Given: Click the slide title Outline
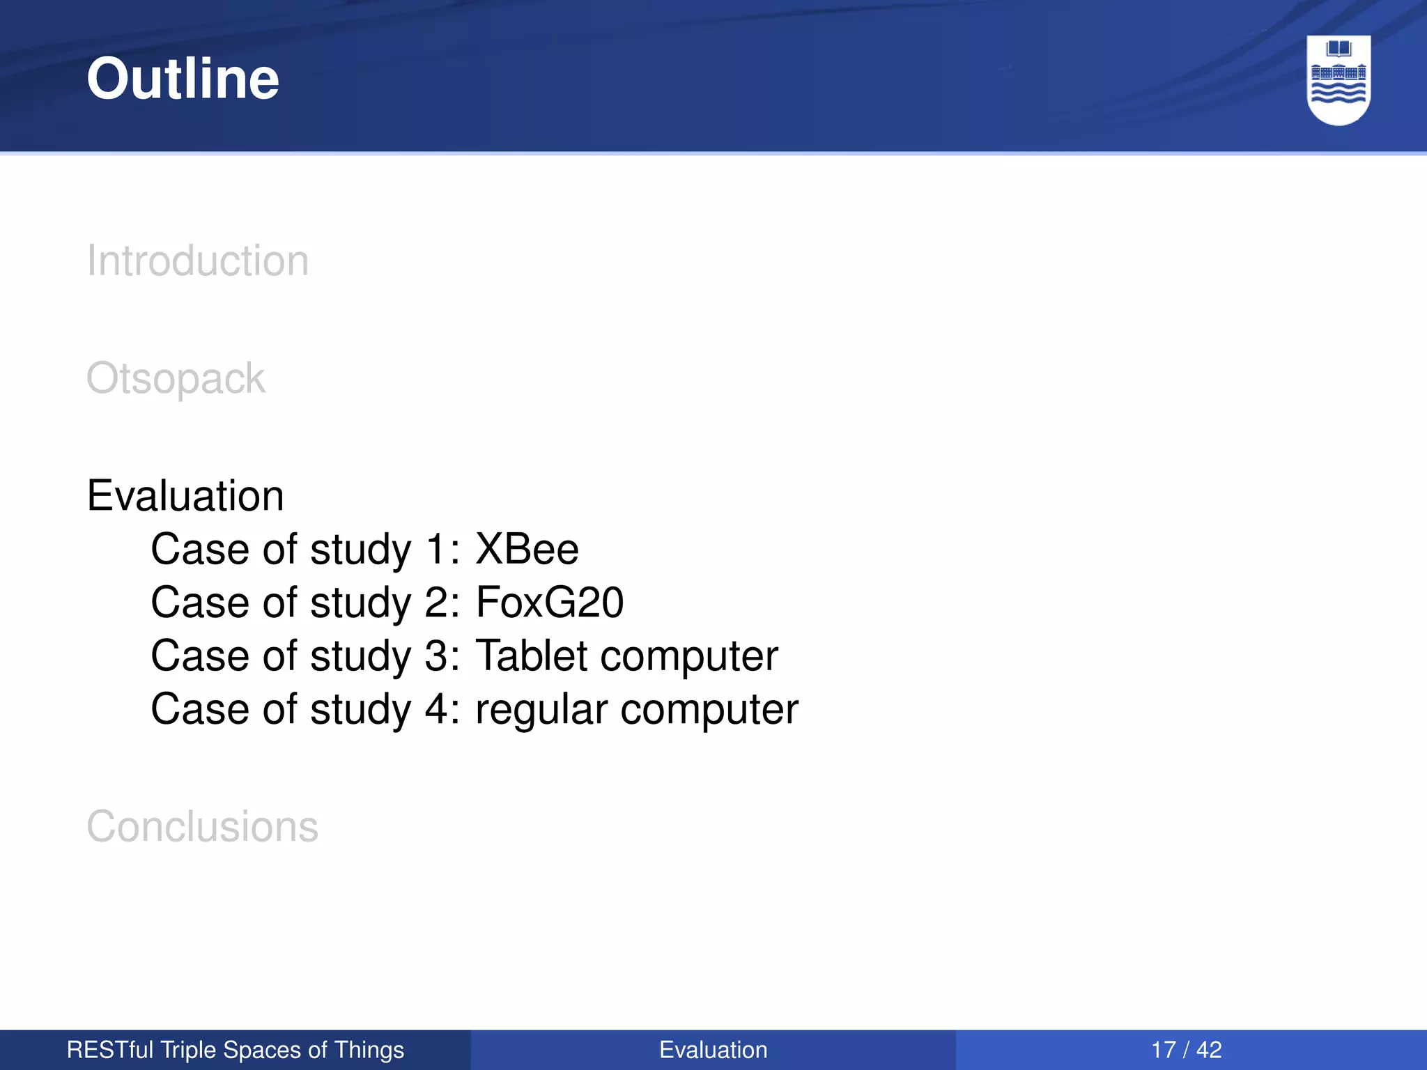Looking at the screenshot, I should click(x=183, y=79).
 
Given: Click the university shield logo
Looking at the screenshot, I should click(x=1338, y=80).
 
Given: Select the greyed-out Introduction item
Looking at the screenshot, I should click(x=197, y=261).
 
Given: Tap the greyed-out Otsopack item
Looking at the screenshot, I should click(x=176, y=379).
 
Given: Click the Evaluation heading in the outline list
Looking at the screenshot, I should click(x=185, y=496).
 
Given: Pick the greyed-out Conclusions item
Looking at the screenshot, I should click(x=202, y=827).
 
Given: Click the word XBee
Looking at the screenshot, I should click(x=527, y=550).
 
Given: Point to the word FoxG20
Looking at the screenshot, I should click(x=550, y=603).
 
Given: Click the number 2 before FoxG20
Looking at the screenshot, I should click(x=436, y=603).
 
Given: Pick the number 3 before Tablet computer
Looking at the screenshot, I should click(x=436, y=656).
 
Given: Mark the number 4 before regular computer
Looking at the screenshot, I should click(x=436, y=709).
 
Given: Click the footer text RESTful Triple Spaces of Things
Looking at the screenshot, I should click(x=236, y=1050).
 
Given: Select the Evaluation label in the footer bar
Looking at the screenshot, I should click(x=713, y=1050).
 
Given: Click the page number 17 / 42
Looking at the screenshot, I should click(x=1186, y=1050).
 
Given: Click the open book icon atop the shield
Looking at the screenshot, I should click(x=1339, y=49).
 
